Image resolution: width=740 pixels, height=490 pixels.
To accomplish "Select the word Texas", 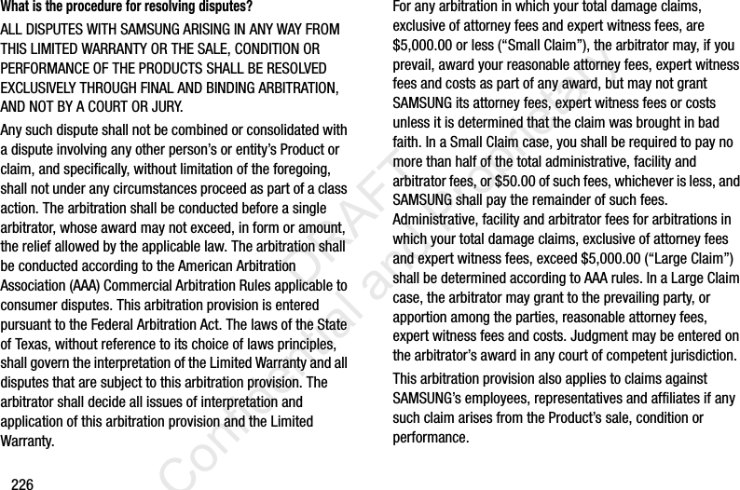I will click(28, 345).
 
